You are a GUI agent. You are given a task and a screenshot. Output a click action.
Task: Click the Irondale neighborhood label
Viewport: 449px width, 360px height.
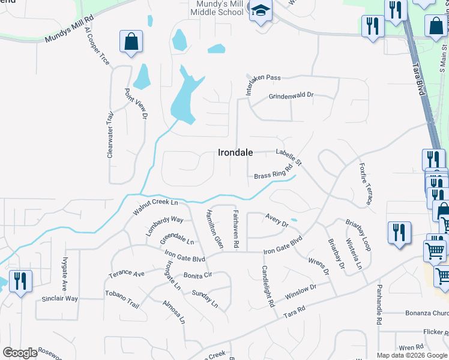click(235, 152)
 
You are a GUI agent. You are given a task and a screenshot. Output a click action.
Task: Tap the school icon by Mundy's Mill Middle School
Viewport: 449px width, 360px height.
click(261, 11)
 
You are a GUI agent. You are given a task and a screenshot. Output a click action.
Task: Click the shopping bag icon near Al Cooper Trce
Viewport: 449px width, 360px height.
click(131, 42)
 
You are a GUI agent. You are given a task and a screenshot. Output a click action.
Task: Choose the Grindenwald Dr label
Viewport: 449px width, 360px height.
click(291, 95)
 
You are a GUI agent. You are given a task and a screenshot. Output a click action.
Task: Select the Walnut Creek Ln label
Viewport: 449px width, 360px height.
click(156, 208)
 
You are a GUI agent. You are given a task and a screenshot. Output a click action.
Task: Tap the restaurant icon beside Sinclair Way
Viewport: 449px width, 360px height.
click(20, 281)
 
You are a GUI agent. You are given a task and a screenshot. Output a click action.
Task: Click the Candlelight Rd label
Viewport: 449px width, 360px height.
click(267, 287)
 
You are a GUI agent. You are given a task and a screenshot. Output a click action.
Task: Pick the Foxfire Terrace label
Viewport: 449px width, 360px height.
click(366, 184)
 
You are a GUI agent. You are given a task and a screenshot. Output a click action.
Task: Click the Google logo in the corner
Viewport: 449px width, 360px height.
click(20, 353)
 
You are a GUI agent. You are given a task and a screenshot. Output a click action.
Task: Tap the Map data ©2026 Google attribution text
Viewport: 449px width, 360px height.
click(412, 355)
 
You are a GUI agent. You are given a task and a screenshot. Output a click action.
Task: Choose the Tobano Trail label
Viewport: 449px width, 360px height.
click(122, 299)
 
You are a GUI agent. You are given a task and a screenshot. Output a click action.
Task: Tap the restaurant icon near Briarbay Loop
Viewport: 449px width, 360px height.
click(399, 233)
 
